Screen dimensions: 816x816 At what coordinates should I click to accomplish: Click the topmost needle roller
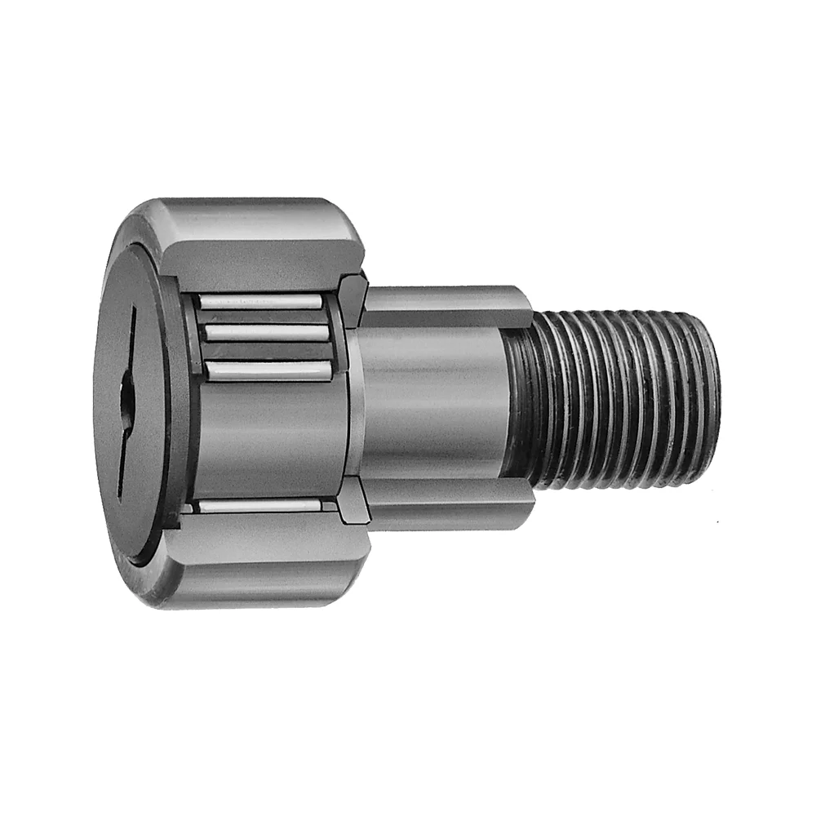pos(261,302)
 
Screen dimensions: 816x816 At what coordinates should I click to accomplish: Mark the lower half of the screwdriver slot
pos(122,457)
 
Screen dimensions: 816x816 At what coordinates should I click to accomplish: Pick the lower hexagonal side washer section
pos(353,501)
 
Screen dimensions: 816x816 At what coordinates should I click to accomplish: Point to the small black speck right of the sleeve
pos(717,521)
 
